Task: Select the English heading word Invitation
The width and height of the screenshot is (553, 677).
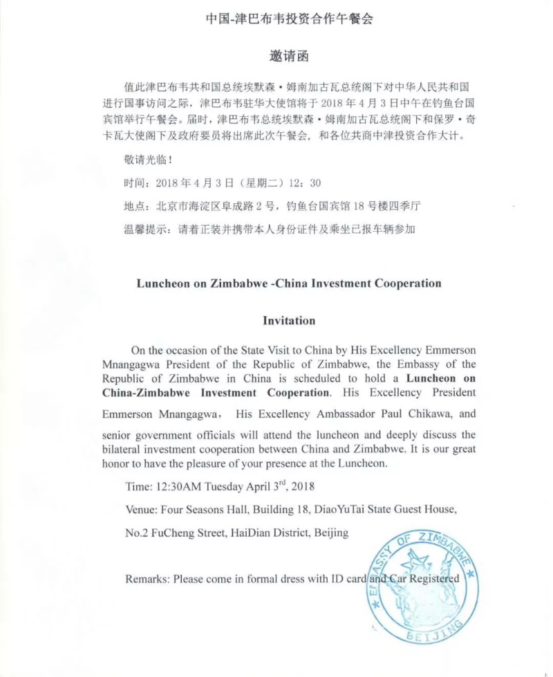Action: pos(289,321)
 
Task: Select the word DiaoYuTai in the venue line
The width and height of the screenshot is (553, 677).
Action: pos(339,510)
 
